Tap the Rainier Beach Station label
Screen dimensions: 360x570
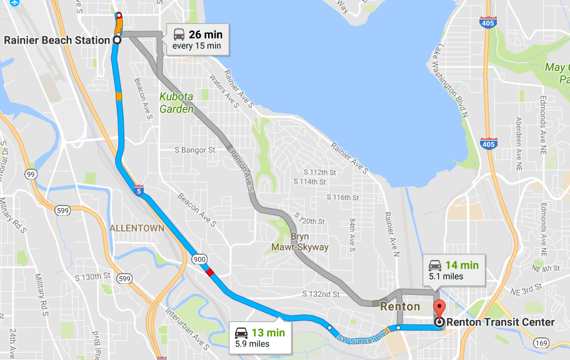pos(57,40)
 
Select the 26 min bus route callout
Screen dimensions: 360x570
pos(197,39)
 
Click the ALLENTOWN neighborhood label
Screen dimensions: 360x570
pos(137,229)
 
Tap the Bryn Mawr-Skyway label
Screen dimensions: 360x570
pos(309,242)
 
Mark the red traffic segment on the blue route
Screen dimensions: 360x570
pos(210,272)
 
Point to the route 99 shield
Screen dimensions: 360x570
pos(31,174)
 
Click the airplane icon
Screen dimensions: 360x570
pos(14,2)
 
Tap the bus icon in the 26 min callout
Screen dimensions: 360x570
pos(179,34)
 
